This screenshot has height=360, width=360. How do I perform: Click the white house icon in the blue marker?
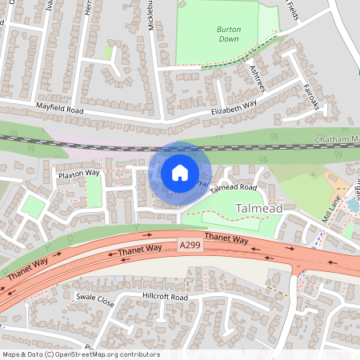180,172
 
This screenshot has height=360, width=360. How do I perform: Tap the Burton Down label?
228,34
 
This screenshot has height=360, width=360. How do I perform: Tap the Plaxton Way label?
78,172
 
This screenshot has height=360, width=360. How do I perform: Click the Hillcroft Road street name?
165,297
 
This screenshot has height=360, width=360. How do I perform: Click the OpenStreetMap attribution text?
80,354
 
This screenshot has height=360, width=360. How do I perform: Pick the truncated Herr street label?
86,8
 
